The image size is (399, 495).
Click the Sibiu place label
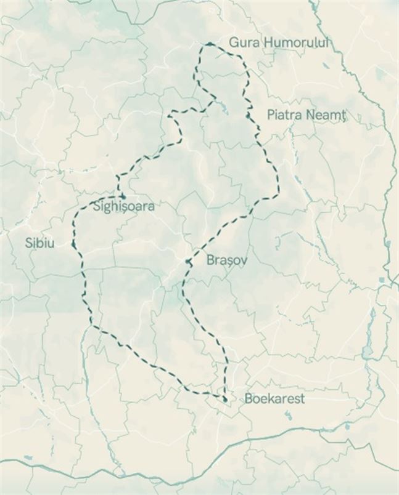tap(39, 243)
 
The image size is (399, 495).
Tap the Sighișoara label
tap(123, 206)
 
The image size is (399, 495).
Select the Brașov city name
tap(227, 260)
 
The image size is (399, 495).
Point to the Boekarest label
tap(274, 398)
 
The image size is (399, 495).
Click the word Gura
tap(242, 42)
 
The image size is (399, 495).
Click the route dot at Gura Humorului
tap(210, 44)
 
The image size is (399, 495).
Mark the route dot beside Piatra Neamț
tap(248, 115)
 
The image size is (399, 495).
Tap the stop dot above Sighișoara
tap(123, 196)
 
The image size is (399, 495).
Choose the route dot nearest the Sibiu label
tap(73, 245)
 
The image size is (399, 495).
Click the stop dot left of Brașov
tap(188, 261)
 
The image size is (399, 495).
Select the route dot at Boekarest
tap(225, 400)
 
